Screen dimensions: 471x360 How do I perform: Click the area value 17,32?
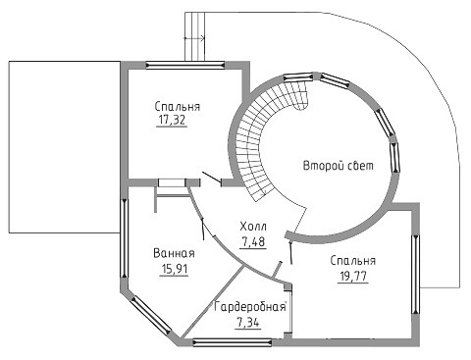click(x=172, y=120)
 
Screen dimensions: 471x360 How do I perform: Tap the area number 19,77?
click(x=353, y=277)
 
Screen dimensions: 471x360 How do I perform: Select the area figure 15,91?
click(x=174, y=269)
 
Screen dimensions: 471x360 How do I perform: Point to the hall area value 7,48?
click(x=253, y=242)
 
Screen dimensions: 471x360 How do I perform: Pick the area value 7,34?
click(x=247, y=323)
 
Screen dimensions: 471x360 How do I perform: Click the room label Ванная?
click(x=174, y=253)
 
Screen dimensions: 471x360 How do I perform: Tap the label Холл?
click(x=253, y=227)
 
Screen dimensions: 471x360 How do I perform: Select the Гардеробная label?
click(x=250, y=307)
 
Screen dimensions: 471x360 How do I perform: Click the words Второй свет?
click(x=339, y=166)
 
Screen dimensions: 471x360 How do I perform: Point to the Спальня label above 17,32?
click(x=178, y=106)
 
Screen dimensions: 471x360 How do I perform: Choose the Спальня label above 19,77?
click(x=353, y=261)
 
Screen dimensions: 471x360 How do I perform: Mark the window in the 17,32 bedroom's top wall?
click(x=185, y=65)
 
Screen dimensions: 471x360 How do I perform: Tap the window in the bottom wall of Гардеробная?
click(x=233, y=342)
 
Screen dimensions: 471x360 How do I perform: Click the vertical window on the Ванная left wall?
click(x=124, y=238)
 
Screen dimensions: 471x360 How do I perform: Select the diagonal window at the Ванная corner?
click(x=151, y=316)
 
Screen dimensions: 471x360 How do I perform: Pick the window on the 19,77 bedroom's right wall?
click(x=416, y=275)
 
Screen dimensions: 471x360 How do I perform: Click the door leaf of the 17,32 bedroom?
click(x=212, y=177)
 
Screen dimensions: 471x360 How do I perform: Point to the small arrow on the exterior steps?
click(x=194, y=38)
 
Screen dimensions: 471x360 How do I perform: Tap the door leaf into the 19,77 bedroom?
click(x=290, y=252)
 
